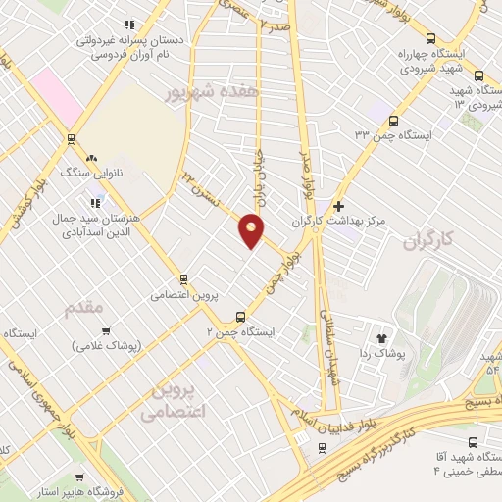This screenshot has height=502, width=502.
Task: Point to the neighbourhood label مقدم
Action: tap(83, 310)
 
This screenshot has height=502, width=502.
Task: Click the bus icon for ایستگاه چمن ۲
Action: tap(241, 317)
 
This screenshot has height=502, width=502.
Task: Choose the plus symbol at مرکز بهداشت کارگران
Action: tap(339, 207)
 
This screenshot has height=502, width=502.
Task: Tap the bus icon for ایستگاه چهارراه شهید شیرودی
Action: tap(478, 75)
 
